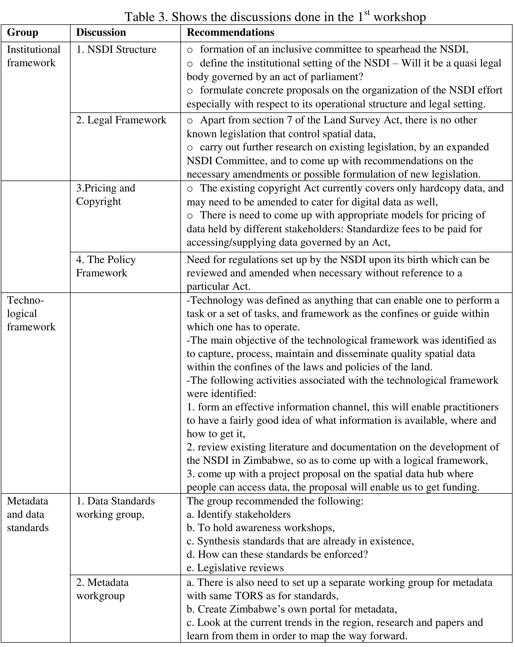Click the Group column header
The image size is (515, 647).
click(22, 32)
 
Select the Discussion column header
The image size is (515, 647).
click(101, 32)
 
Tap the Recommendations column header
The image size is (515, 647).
click(230, 32)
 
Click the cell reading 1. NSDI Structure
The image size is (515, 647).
click(116, 49)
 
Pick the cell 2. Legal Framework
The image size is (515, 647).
click(121, 120)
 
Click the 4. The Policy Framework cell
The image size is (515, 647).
click(106, 266)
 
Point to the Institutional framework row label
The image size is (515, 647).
click(33, 56)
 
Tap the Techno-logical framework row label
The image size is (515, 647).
click(31, 313)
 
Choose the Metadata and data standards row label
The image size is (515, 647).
click(28, 514)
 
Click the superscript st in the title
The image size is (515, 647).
click(367, 12)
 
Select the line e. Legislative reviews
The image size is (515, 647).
click(235, 568)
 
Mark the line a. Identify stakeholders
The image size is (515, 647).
click(238, 514)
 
